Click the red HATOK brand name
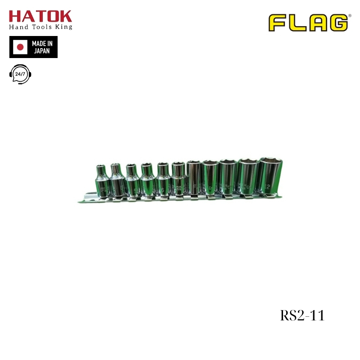coord(40,16)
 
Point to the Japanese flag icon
coord(20,47)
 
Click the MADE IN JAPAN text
coord(42,47)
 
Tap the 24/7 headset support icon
coord(20,73)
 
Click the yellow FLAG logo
coord(309,22)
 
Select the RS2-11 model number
coord(302,315)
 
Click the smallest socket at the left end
coord(100,182)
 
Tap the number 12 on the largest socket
coord(269,185)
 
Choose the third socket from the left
coord(131,181)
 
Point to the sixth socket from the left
coord(178,180)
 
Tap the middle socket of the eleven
coord(178,180)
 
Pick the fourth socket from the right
coord(210,180)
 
